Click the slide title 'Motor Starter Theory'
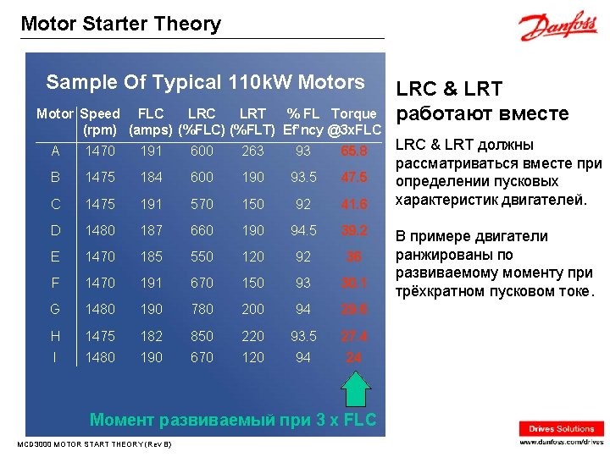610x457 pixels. coord(120,24)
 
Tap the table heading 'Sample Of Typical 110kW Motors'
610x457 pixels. coord(205,82)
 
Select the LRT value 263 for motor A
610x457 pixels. coord(252,151)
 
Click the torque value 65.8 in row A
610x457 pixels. coord(354,151)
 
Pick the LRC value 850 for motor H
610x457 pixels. coord(202,336)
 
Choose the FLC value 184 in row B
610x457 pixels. coord(151,177)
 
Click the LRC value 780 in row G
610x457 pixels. coord(202,310)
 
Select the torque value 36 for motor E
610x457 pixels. coord(354,257)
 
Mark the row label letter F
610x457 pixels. coord(55,283)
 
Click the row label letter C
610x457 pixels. coord(55,204)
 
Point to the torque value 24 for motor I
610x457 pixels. coord(354,357)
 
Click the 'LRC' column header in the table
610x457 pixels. coord(202,113)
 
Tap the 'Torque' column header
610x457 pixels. coord(354,113)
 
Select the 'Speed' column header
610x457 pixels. coord(101,113)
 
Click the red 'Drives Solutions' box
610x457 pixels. coord(562,429)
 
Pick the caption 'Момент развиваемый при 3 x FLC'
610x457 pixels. coord(233,420)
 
